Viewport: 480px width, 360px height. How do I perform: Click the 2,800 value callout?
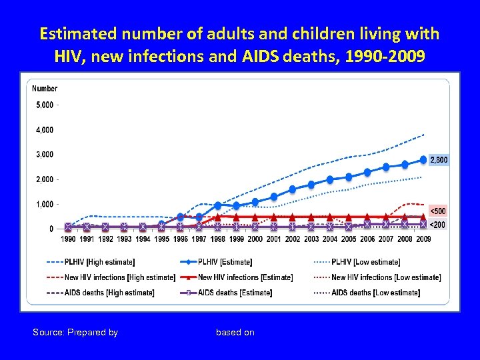tap(438, 160)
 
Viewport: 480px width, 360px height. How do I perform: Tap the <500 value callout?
tap(437, 211)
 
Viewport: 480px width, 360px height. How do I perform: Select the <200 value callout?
tap(437, 225)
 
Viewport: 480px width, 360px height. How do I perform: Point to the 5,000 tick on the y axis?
tap(45, 105)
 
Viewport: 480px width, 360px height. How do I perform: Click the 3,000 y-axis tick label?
tap(45, 155)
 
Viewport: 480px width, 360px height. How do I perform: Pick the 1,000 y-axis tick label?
tap(45, 204)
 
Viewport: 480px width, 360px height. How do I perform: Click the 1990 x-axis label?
tap(68, 239)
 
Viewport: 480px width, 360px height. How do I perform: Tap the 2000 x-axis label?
tap(255, 239)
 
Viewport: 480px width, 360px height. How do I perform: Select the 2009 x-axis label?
tap(423, 239)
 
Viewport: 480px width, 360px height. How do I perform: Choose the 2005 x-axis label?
tap(349, 239)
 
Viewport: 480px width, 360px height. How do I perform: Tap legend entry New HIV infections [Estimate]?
tap(245, 277)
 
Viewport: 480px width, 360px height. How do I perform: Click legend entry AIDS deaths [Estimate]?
tap(235, 293)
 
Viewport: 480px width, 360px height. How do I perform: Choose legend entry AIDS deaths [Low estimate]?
tap(375, 293)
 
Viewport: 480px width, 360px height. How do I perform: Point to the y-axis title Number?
tap(45, 89)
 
